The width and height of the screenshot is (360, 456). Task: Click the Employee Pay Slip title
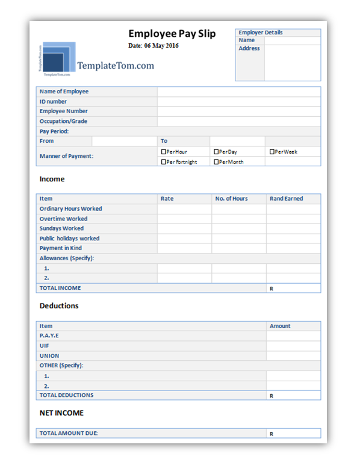[x=172, y=34]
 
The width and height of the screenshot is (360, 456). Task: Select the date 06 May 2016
[x=154, y=46]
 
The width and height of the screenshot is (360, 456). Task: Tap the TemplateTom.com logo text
[x=116, y=66]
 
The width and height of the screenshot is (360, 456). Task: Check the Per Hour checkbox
[x=164, y=152]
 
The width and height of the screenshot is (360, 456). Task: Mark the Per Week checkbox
[x=272, y=152]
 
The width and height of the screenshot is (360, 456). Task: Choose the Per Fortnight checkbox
[x=164, y=162]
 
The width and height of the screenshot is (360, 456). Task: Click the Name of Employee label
[x=64, y=92]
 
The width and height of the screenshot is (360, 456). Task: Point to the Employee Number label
[x=63, y=111]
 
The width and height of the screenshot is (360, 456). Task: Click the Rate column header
[x=167, y=199]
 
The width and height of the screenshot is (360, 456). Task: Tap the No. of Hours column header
[x=231, y=199]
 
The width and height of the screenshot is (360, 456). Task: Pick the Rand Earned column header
[x=286, y=199]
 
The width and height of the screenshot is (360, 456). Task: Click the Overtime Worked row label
[x=63, y=219]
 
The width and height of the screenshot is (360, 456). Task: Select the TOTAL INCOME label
[x=60, y=288]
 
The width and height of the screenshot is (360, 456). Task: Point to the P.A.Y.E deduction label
[x=49, y=336]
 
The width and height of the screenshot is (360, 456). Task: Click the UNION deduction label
[x=49, y=355]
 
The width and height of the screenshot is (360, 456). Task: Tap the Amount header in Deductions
[x=280, y=326]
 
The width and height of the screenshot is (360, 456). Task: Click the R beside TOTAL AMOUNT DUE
[x=272, y=434]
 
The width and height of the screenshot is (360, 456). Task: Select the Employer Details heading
[x=261, y=33]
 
